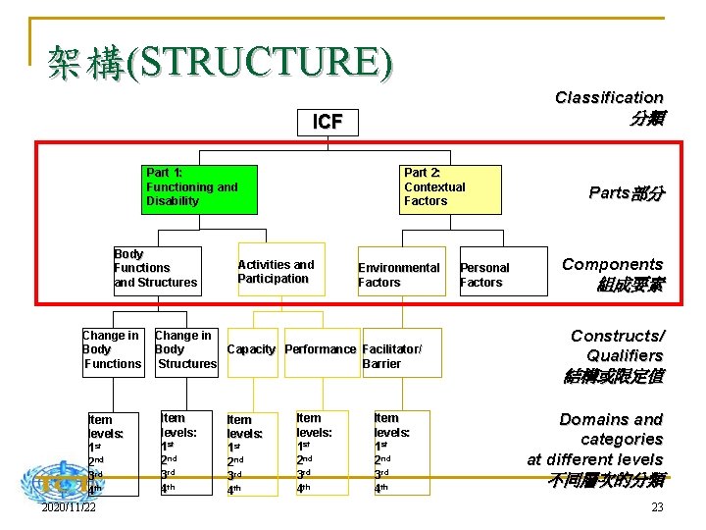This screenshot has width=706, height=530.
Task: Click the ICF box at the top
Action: tap(327, 122)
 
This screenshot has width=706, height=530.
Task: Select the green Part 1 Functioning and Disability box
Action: tap(199, 188)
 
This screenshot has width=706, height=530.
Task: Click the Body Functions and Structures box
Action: tap(157, 269)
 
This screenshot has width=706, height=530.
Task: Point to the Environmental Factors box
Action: tap(399, 275)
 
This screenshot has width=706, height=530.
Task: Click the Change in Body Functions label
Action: tap(112, 349)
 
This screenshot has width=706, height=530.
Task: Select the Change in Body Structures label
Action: tap(185, 349)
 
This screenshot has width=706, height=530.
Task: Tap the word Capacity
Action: tap(252, 349)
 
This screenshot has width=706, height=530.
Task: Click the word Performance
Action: tap(321, 349)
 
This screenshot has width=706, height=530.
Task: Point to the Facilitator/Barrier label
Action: tap(392, 356)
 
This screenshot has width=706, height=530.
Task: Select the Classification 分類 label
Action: tap(610, 107)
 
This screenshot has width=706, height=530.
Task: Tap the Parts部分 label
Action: tap(626, 193)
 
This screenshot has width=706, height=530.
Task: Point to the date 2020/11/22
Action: tap(69, 507)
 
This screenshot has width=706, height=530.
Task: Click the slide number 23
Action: tap(657, 507)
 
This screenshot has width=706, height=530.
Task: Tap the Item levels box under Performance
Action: tap(321, 451)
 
